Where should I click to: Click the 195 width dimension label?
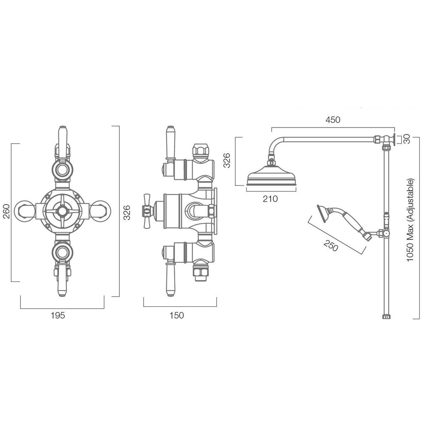[58, 316]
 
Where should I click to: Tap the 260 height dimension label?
[6, 211]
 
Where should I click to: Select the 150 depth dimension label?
[176, 316]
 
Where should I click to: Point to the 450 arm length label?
[333, 119]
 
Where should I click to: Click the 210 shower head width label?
[270, 199]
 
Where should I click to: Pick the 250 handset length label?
[331, 246]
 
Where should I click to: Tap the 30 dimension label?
[406, 140]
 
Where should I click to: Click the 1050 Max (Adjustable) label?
[410, 220]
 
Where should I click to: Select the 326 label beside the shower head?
[227, 161]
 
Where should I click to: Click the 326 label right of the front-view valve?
[127, 213]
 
